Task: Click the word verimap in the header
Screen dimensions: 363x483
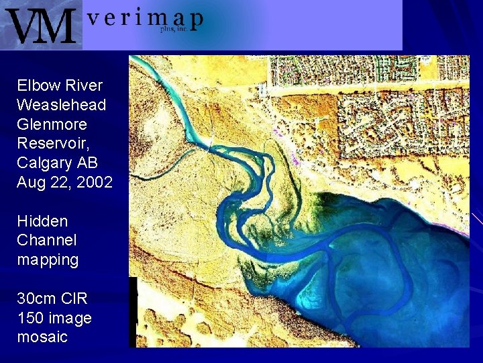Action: click(144, 19)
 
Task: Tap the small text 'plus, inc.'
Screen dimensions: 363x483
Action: click(173, 29)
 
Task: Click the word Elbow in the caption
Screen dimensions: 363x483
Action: click(38, 85)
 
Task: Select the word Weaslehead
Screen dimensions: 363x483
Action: click(61, 105)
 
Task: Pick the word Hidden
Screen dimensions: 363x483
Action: click(42, 221)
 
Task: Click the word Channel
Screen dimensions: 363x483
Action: click(47, 240)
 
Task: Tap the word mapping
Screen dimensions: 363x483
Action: click(48, 260)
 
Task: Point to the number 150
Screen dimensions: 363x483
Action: click(31, 317)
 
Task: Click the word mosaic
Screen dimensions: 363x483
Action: click(42, 337)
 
